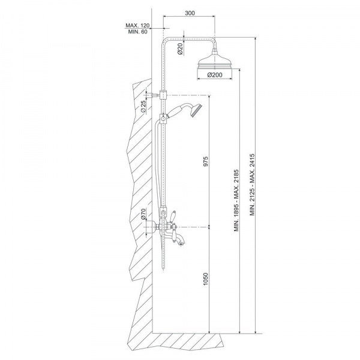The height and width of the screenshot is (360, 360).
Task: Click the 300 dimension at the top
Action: pos(190,13)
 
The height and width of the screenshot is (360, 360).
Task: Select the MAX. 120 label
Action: pos(137,25)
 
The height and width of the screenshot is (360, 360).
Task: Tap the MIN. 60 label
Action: pos(138,32)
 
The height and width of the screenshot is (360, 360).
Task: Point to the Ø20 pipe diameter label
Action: pos(180,49)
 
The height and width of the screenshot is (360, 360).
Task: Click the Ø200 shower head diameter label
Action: pos(215,75)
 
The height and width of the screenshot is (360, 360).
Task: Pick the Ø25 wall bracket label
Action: pos(143,106)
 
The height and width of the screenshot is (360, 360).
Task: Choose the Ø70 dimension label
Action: pos(143,214)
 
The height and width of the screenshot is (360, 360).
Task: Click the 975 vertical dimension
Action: pos(205,161)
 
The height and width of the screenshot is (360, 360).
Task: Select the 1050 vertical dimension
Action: pos(205,279)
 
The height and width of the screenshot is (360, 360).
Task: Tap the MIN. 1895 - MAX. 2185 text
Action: pos(236,200)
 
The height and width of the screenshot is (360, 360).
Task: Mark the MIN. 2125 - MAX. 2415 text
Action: pos(253,185)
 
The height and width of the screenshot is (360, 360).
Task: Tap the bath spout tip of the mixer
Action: pos(182,244)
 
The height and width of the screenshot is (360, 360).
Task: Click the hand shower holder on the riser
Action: pos(163,118)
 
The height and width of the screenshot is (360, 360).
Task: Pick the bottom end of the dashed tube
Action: pos(163,268)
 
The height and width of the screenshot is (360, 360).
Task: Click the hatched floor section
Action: pos(176,341)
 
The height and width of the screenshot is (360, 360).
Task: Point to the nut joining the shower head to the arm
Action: pos(215,52)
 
